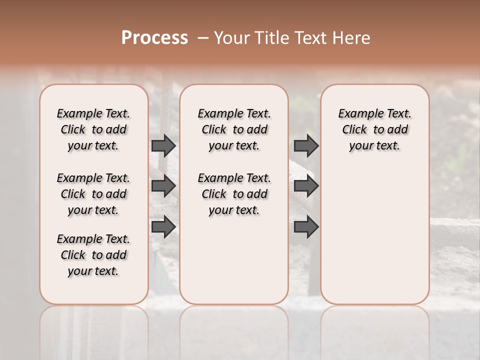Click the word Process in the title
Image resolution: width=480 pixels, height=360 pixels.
[x=154, y=38]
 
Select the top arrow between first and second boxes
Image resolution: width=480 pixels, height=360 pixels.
[x=163, y=145]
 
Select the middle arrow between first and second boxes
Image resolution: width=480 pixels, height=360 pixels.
[x=163, y=186]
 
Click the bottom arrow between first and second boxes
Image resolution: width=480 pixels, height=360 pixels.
[x=163, y=226]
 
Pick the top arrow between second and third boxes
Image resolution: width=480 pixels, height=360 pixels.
[x=306, y=145]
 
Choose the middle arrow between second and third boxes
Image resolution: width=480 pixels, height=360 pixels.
[x=306, y=186]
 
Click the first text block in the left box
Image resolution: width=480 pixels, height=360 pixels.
[x=93, y=129]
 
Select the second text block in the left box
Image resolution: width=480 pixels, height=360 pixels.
[x=93, y=194]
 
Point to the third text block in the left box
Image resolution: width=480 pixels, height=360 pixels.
[x=93, y=255]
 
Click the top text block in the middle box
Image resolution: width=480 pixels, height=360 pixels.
[x=234, y=129]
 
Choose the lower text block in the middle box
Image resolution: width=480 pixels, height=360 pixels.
[x=234, y=194]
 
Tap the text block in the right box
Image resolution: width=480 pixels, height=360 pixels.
[x=374, y=129]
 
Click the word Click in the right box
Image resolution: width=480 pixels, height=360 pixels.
[x=354, y=130]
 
